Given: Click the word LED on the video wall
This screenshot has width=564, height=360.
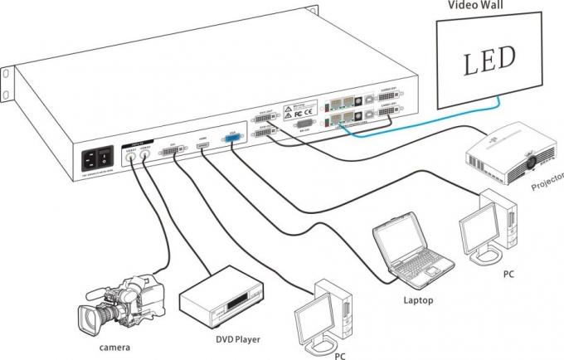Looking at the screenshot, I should point(489,58).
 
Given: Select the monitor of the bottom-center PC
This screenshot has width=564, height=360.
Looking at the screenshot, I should point(317,319).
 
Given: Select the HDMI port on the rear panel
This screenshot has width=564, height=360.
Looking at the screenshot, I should point(202,148).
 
